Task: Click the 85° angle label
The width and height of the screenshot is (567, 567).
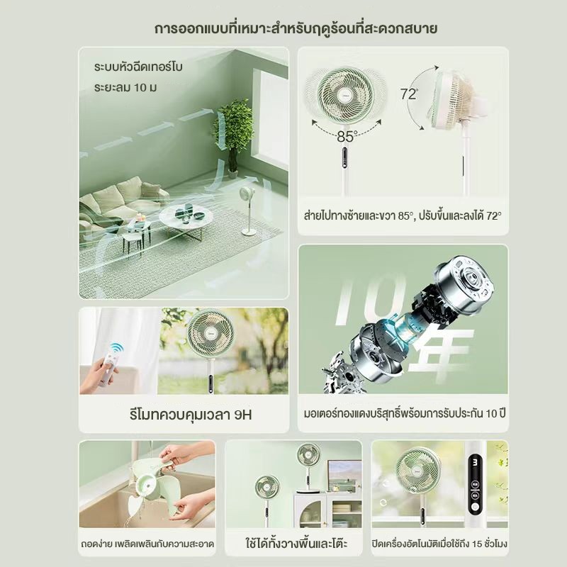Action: pos(347,136)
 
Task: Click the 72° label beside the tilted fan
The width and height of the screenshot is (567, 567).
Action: pos(410,94)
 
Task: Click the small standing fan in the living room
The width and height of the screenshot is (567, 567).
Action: pos(247,210)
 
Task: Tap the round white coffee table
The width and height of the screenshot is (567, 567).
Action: pos(185,216)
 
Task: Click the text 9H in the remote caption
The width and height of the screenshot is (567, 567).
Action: pos(242,415)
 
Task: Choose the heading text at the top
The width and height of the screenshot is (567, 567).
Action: pos(296,28)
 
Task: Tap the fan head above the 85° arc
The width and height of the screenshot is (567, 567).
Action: pos(346,95)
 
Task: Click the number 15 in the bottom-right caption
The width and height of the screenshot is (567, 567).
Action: pos(478,544)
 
